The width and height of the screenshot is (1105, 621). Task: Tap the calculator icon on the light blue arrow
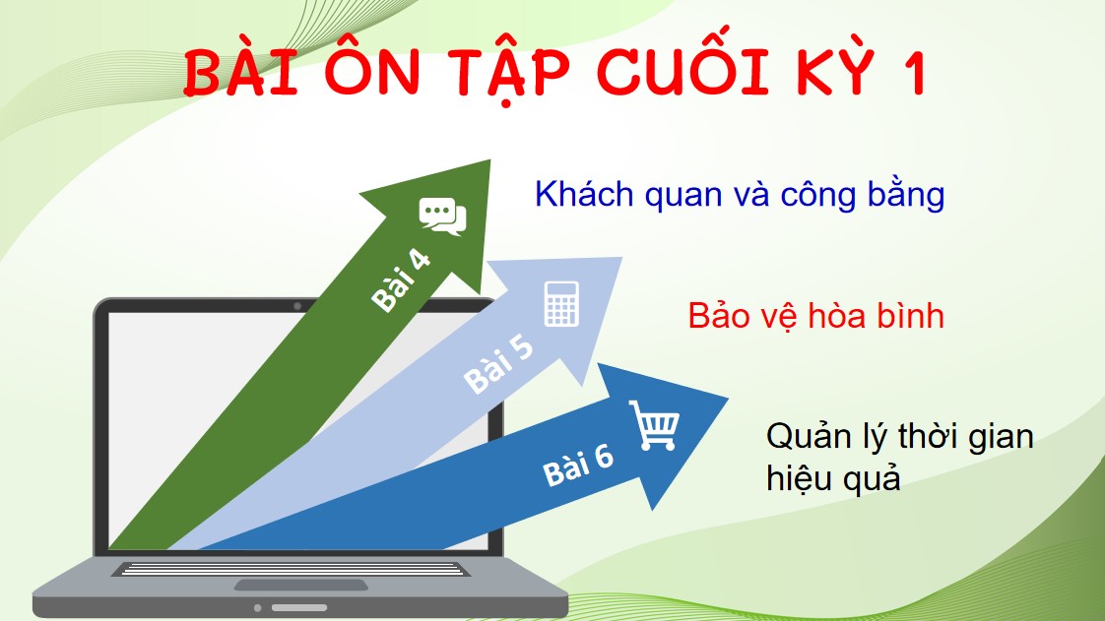560,303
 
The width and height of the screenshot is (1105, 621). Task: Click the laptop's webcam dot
297,306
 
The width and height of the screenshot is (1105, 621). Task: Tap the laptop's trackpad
301,585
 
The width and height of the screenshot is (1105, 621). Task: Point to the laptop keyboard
291,569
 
